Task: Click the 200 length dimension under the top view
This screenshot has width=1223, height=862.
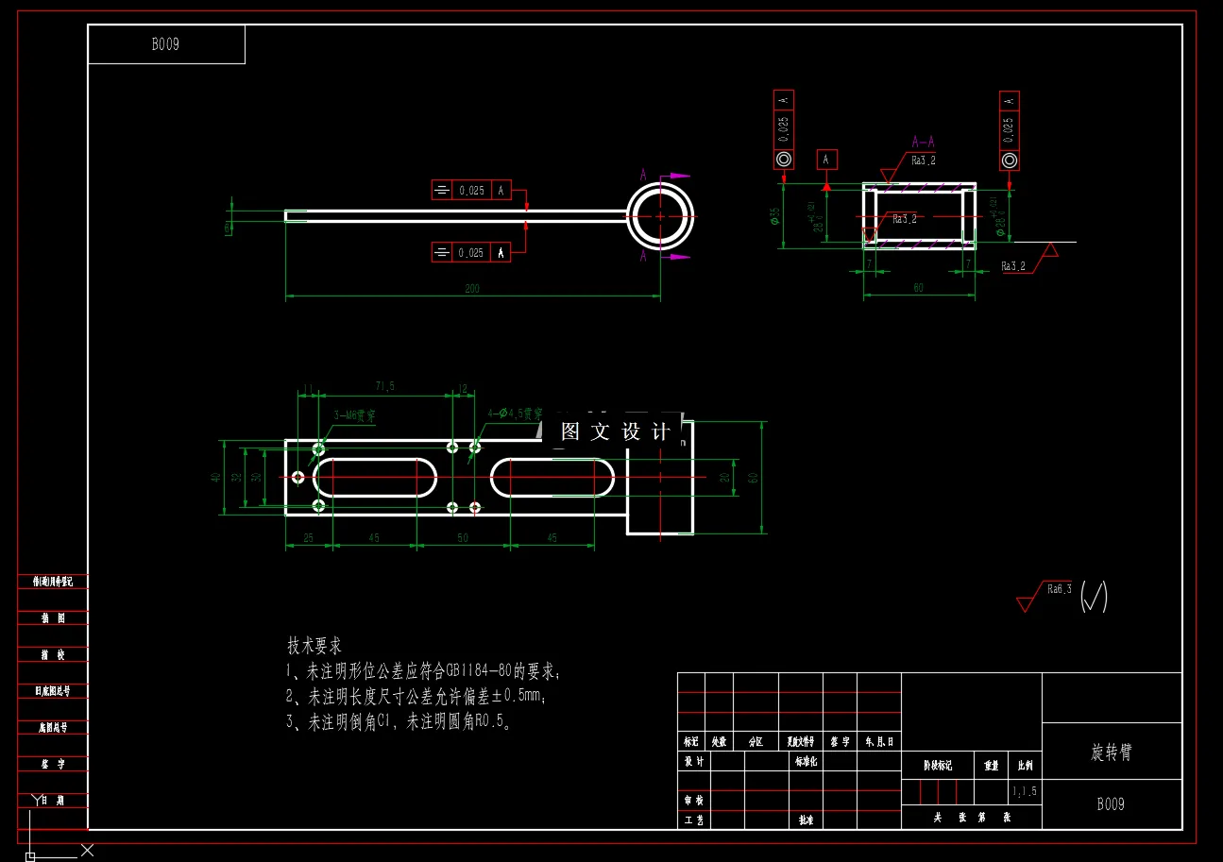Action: [472, 289]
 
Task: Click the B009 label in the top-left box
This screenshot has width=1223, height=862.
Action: [165, 44]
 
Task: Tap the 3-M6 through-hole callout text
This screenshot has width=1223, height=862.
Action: [354, 414]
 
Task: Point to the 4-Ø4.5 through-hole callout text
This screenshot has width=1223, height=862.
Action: [515, 414]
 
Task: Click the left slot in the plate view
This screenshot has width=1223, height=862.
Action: [375, 477]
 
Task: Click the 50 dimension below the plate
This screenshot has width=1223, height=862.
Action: [463, 538]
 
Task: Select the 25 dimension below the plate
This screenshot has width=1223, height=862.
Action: [308, 538]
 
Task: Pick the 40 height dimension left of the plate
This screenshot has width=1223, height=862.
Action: [216, 478]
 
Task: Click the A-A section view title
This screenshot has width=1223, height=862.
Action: [923, 143]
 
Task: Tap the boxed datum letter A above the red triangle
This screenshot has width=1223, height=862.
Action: [825, 160]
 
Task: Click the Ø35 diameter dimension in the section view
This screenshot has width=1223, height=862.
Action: [775, 217]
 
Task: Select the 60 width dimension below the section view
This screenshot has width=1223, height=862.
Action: [919, 289]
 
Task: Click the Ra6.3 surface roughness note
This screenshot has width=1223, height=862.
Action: [1060, 589]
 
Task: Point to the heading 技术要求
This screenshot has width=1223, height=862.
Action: [314, 647]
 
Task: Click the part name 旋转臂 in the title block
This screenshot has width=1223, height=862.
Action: [1112, 752]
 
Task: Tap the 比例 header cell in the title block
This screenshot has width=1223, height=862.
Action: [1025, 766]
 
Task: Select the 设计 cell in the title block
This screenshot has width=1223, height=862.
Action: [694, 761]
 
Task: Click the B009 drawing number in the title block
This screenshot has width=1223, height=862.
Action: [1111, 805]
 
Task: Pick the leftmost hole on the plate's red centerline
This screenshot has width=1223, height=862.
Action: [299, 478]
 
